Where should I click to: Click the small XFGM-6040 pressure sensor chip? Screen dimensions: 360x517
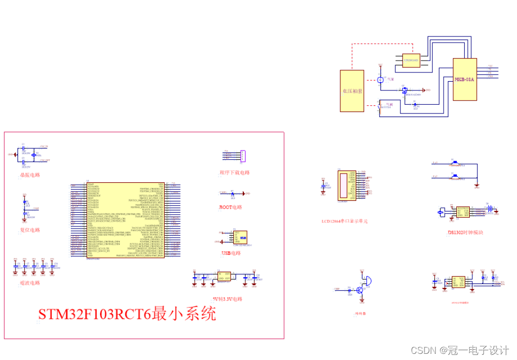411,60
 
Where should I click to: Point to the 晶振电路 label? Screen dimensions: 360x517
30,175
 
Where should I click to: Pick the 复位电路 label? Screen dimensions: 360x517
30,230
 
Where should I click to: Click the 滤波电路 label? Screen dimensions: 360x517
30,283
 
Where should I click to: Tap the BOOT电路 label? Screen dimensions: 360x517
230,207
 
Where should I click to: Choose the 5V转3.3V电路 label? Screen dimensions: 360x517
227,298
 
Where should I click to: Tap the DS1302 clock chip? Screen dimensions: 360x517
459,211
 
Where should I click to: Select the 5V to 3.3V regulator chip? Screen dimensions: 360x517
224,276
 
